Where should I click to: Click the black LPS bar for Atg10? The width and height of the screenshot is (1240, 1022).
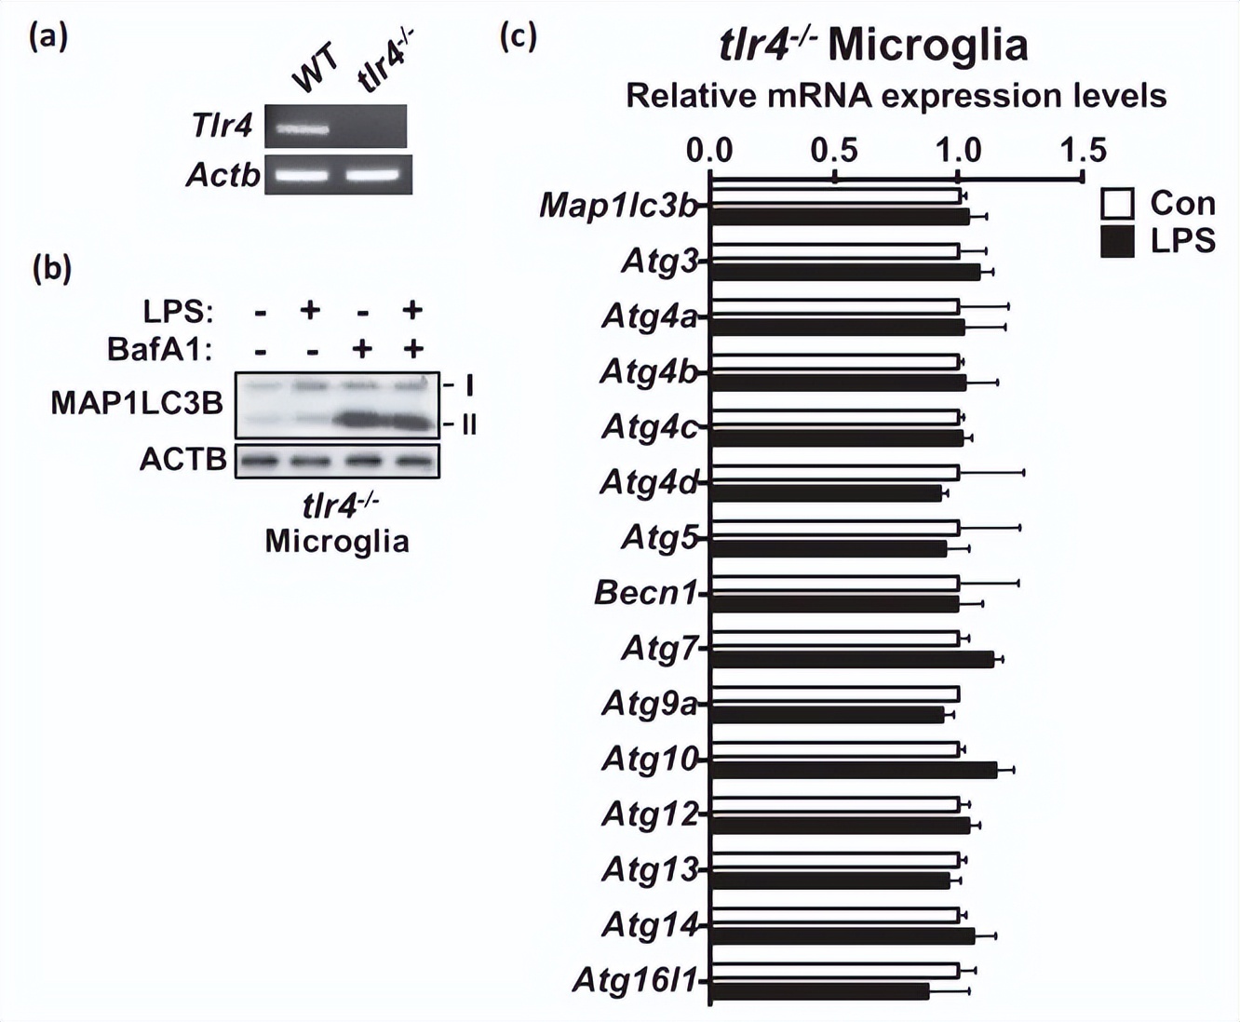coord(852,770)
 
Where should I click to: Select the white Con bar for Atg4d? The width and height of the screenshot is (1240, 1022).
coord(834,473)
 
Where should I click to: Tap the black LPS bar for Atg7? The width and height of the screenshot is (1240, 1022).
coord(851,659)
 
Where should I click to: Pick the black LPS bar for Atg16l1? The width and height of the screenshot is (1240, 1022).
coord(819,991)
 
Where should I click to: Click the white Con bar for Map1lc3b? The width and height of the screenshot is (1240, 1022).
coord(835,196)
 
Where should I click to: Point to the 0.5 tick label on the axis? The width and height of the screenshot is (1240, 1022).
coord(834,150)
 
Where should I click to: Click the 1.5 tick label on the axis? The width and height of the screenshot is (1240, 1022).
coord(1083,150)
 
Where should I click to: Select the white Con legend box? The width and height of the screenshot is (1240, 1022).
coord(1117,204)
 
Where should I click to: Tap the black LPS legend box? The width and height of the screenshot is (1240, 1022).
coord(1117,242)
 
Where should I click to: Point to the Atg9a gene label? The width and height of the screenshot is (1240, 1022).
coord(649,703)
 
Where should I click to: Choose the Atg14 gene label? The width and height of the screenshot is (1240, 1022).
coord(650,924)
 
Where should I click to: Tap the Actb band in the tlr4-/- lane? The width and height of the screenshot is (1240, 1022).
coord(371,174)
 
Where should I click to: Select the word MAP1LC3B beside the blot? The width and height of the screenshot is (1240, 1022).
coord(137,403)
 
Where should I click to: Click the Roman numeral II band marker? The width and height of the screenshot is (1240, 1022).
coord(466,425)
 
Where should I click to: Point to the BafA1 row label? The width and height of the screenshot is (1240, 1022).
coord(159,349)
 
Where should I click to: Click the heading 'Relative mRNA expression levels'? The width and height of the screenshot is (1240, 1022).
coord(896,96)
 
